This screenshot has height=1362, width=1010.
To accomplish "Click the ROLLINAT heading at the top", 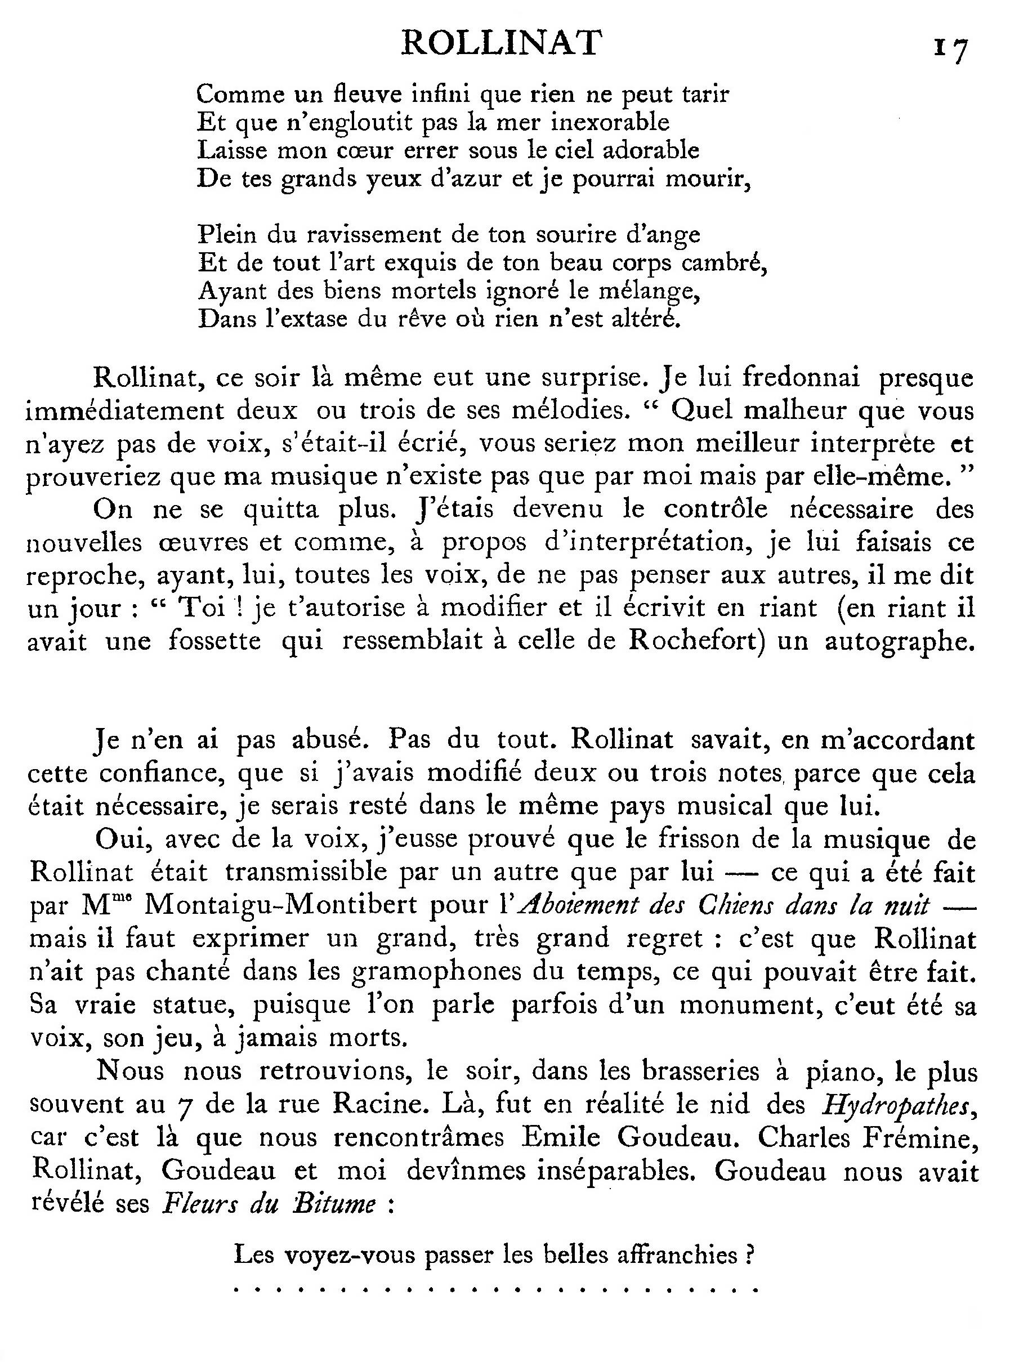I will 501,44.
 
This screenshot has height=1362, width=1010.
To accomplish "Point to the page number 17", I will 951,49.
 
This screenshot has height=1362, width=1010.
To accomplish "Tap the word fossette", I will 214,641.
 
